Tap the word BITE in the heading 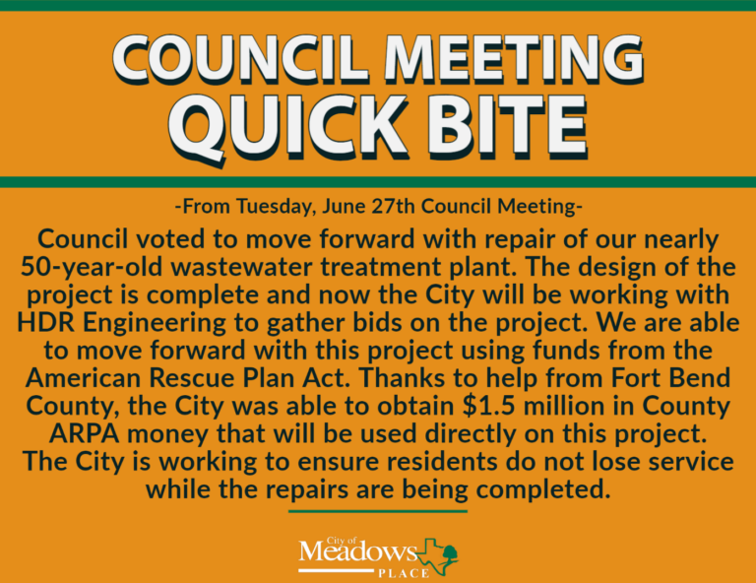(x=507, y=124)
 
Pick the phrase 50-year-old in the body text (x=92, y=268)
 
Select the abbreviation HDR (x=46, y=323)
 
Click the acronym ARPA (x=85, y=434)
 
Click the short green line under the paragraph (x=378, y=511)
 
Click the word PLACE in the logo (x=404, y=574)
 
